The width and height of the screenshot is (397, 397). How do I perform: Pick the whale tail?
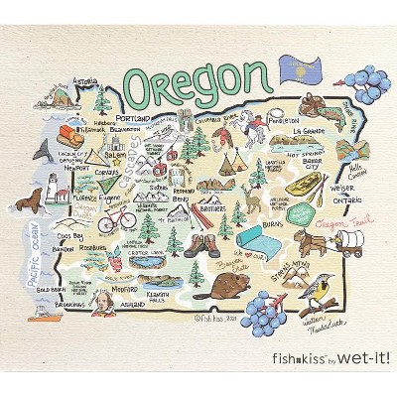[x=43, y=151]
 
